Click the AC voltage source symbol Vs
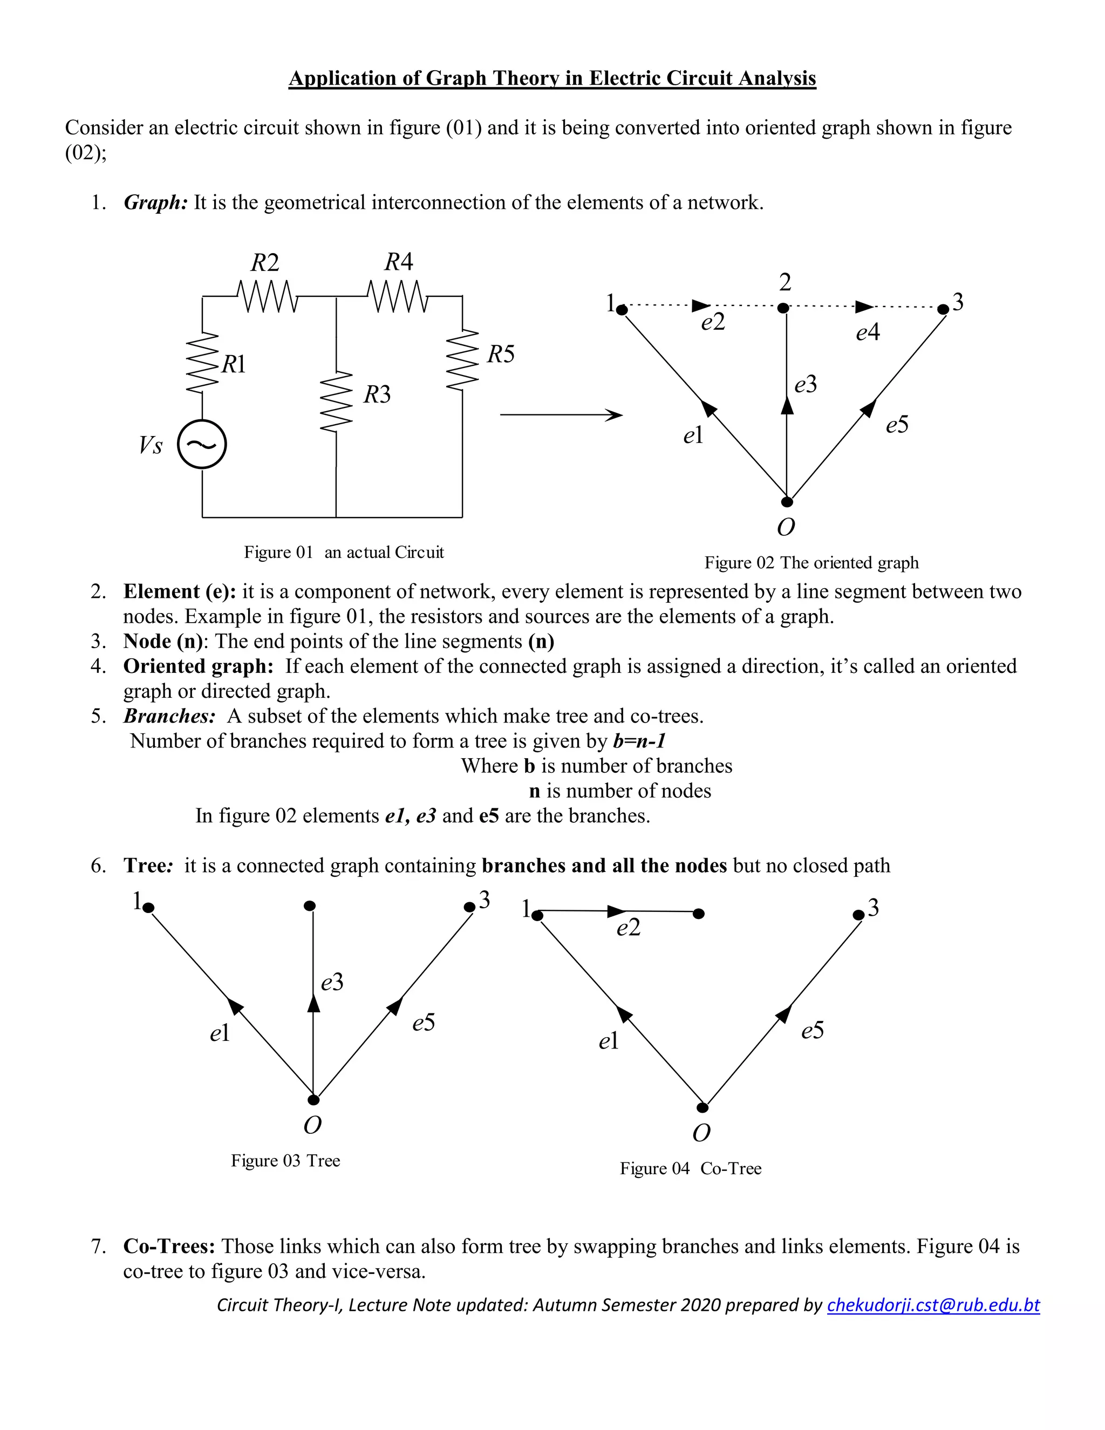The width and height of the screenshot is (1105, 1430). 202,445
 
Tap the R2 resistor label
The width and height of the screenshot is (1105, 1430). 264,263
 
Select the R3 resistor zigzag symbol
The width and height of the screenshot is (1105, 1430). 337,402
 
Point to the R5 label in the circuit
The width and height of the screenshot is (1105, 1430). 501,354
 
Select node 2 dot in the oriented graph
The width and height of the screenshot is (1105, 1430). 783,308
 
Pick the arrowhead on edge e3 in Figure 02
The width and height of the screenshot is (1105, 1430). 788,405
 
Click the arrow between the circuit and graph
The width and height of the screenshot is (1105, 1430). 561,414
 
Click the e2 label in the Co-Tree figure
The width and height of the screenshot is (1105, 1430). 629,928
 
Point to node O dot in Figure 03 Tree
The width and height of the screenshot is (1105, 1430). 313,1099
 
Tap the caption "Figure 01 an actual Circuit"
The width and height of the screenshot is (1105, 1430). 344,552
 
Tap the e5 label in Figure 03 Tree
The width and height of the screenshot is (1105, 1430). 424,1022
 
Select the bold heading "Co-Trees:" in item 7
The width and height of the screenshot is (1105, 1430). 169,1246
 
